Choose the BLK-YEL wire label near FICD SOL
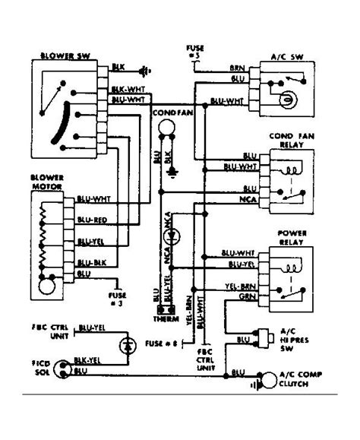tap(88, 362)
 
